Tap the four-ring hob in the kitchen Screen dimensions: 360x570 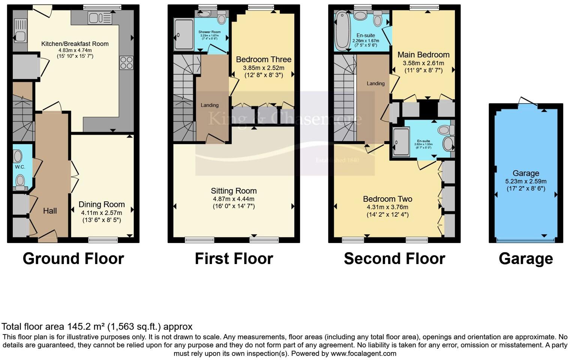click(x=126, y=63)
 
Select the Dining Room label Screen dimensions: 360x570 click(x=102, y=204)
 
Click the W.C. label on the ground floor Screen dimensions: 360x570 click(x=20, y=167)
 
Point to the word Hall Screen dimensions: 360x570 click(x=50, y=211)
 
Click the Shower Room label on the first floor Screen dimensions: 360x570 click(x=210, y=32)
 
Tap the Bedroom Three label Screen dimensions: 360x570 click(x=264, y=59)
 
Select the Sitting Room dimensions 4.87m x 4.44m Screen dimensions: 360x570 click(x=234, y=199)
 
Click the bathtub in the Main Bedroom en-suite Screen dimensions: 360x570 click(x=342, y=31)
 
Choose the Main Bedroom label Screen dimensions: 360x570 click(x=423, y=55)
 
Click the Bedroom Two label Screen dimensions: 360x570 click(x=387, y=199)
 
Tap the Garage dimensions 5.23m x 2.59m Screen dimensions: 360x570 click(x=526, y=181)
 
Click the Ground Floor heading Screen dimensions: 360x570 click(x=73, y=259)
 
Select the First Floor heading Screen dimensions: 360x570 click(x=234, y=259)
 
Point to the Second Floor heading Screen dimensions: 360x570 click(x=394, y=259)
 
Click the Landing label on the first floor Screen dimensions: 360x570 click(x=209, y=105)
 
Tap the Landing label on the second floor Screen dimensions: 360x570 click(x=375, y=84)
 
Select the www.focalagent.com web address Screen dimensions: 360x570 click(x=363, y=353)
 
